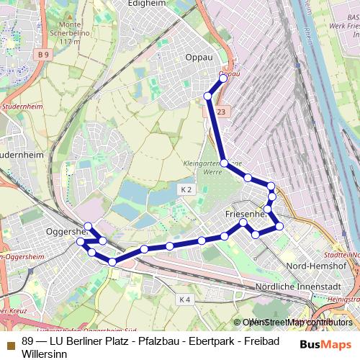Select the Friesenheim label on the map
coord(244,214)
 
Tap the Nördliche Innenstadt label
coord(297,287)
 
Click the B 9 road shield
coord(45,54)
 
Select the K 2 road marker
coord(186,189)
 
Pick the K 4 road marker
coord(184,299)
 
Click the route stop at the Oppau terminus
coord(223,78)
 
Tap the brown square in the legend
coord(10,343)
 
